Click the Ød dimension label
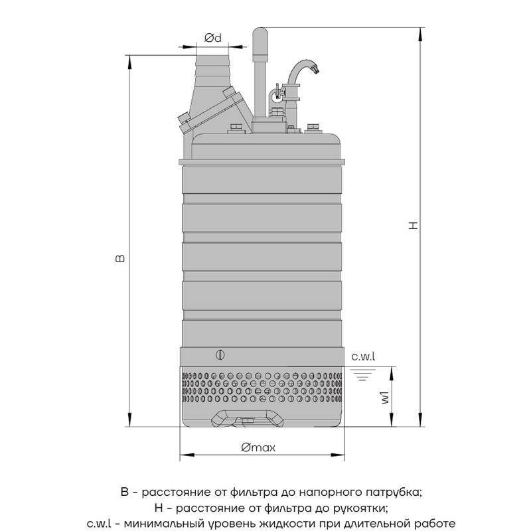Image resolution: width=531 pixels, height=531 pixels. pos(213,38)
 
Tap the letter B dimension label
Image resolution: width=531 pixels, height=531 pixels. pos(120,258)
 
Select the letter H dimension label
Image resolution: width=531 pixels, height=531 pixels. pos(413,226)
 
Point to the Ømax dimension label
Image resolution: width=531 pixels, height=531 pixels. pos(258,447)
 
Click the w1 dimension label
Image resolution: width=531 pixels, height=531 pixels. pos(386,397)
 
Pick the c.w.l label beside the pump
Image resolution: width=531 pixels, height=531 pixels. pos(363,356)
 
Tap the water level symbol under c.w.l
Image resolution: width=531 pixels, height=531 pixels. pos(362,374)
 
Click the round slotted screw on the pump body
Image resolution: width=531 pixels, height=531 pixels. pos(220,355)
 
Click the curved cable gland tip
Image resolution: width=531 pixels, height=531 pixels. pos(315,70)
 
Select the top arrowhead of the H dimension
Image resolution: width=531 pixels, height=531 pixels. pos(420,34)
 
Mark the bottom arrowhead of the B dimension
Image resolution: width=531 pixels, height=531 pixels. pos(129,420)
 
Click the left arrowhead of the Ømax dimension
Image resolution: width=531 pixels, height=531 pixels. pos(187,455)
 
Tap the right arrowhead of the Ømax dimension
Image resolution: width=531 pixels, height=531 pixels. pos(338,455)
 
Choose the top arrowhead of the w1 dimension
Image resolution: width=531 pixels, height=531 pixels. pos(392,373)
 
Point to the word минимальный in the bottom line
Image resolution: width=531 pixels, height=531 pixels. pos(158,524)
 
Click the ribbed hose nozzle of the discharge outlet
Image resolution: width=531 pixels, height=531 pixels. pos(212,70)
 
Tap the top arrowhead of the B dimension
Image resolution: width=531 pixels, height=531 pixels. pos(129,62)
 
